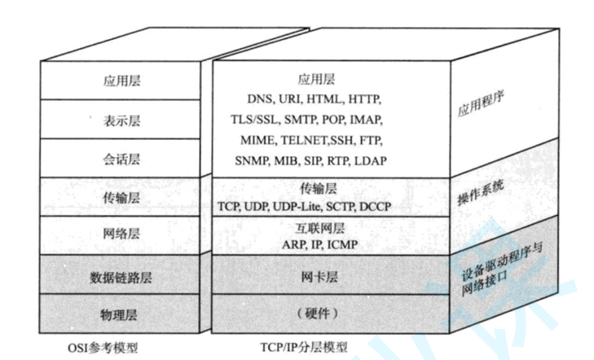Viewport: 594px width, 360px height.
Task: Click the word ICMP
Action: (x=341, y=244)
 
